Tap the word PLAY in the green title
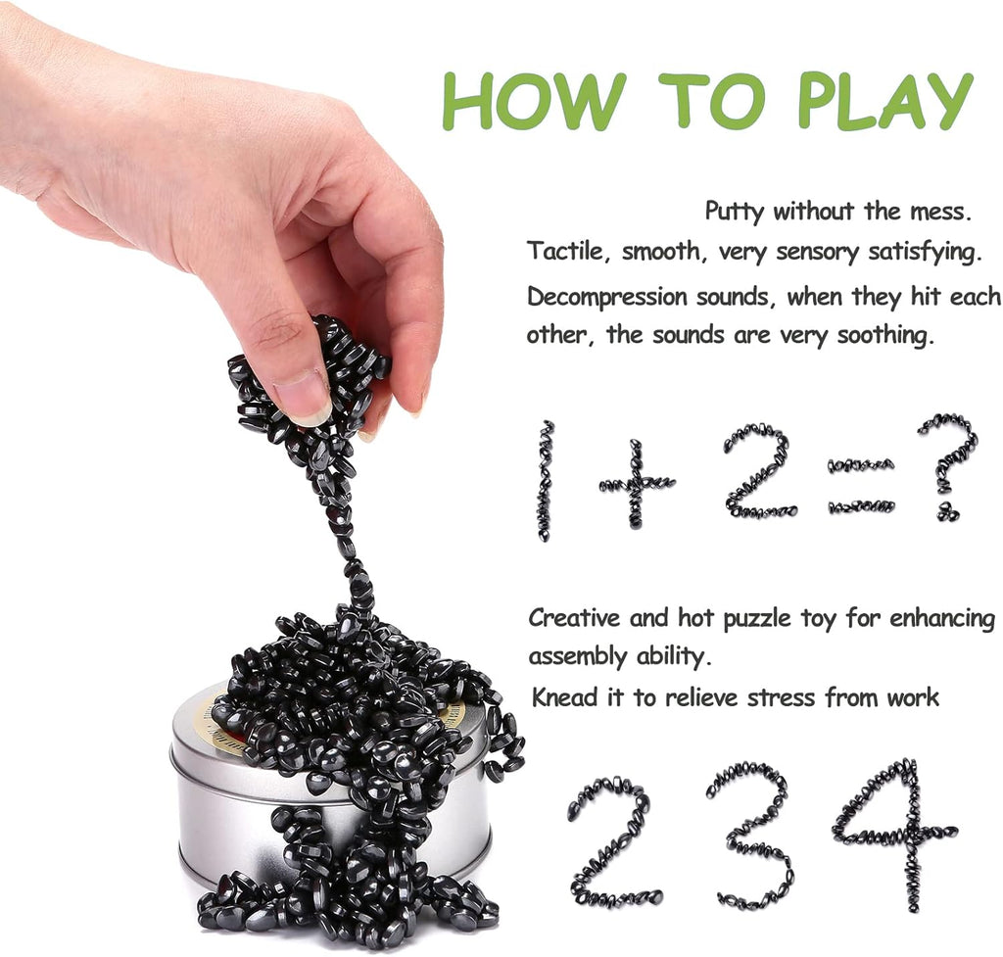(x=881, y=100)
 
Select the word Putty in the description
(x=736, y=211)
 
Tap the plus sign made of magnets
(x=637, y=483)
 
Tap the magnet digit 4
(x=897, y=834)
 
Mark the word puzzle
(x=760, y=620)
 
